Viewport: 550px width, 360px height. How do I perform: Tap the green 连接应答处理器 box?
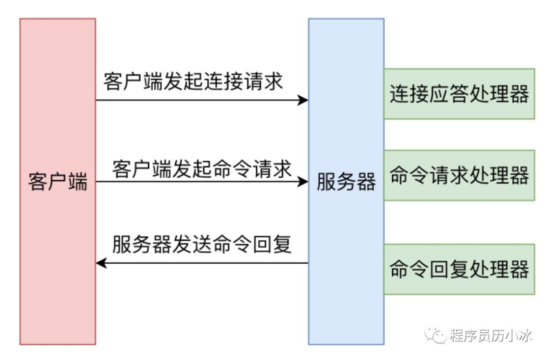(x=459, y=94)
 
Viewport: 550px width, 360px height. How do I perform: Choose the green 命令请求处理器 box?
(x=459, y=176)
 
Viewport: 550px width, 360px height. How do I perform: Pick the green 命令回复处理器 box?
(x=459, y=269)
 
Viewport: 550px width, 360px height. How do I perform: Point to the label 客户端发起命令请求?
(x=202, y=168)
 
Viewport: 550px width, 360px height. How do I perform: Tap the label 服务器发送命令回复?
(x=202, y=244)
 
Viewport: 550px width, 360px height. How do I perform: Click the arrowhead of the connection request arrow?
(x=304, y=100)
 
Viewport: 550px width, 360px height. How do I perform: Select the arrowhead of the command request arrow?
(x=304, y=182)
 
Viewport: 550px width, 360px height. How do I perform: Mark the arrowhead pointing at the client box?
(x=101, y=263)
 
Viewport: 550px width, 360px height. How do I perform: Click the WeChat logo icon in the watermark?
(x=437, y=335)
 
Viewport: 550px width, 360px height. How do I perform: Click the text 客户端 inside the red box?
(x=58, y=182)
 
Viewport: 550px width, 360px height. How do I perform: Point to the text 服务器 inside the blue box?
(x=346, y=182)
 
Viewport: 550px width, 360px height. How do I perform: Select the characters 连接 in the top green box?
(x=407, y=94)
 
